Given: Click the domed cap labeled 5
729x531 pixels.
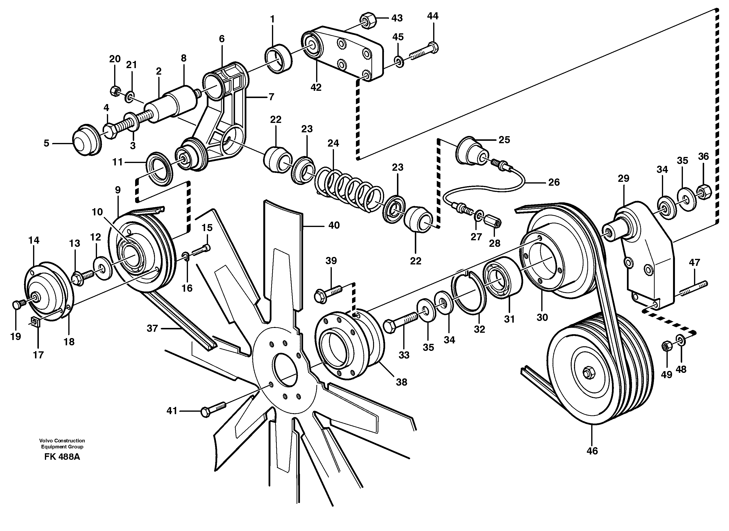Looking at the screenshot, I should [85, 141].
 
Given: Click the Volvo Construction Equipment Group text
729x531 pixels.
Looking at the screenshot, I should [62, 444].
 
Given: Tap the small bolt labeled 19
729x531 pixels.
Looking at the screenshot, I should [18, 304].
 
